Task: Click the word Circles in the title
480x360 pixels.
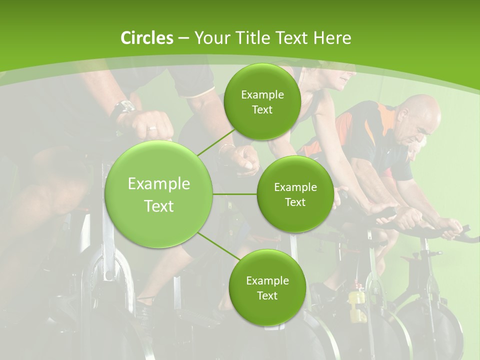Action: coord(146,38)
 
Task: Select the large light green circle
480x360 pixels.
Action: coord(159,194)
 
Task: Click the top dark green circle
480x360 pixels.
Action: coord(262,101)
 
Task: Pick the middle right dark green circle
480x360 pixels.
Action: coord(295,194)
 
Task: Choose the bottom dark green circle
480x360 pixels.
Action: coord(267,287)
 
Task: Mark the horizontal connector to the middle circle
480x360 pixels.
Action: coord(235,194)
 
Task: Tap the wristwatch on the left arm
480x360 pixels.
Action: coord(123,108)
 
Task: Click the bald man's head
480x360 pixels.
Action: coord(420,117)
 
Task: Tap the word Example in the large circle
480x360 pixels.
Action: coord(159,184)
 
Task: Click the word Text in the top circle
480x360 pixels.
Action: coord(262,110)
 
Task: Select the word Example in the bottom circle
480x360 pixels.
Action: coord(267,280)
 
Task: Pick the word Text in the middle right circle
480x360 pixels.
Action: coord(295,202)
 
